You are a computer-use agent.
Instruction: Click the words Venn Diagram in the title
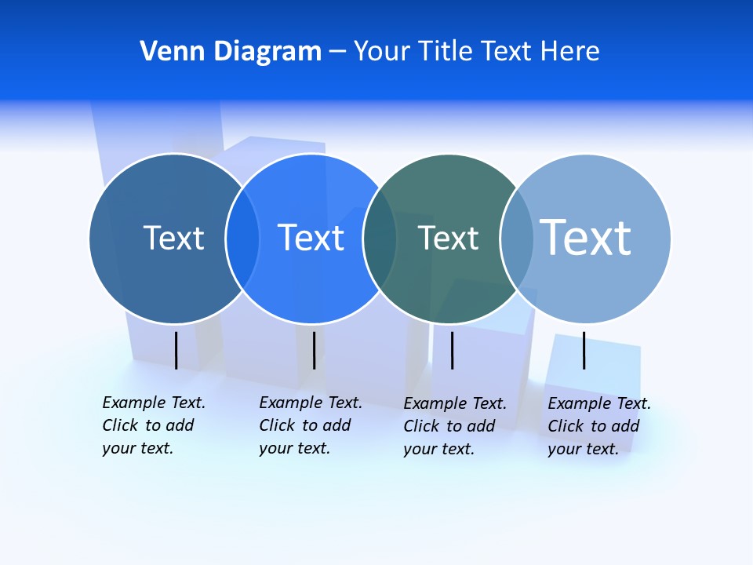231,51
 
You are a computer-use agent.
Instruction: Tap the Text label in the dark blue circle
173,238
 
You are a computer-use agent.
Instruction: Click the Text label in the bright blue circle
311,238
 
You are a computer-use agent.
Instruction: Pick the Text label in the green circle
448,238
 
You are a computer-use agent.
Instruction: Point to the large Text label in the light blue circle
586,237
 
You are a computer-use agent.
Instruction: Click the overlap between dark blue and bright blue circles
242,239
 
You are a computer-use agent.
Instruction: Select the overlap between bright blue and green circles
380,239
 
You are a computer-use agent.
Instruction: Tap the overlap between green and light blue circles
517,239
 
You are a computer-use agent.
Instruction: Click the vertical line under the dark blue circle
176,350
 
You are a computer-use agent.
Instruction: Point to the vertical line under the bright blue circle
314,350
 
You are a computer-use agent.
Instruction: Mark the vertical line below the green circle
452,350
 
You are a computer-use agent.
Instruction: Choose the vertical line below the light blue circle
584,350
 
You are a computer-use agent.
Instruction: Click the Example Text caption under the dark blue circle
153,425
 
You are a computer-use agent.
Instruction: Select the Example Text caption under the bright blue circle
310,425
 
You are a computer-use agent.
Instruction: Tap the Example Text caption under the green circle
454,426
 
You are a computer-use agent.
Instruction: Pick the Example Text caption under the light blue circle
598,426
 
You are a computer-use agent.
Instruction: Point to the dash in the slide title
337,52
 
